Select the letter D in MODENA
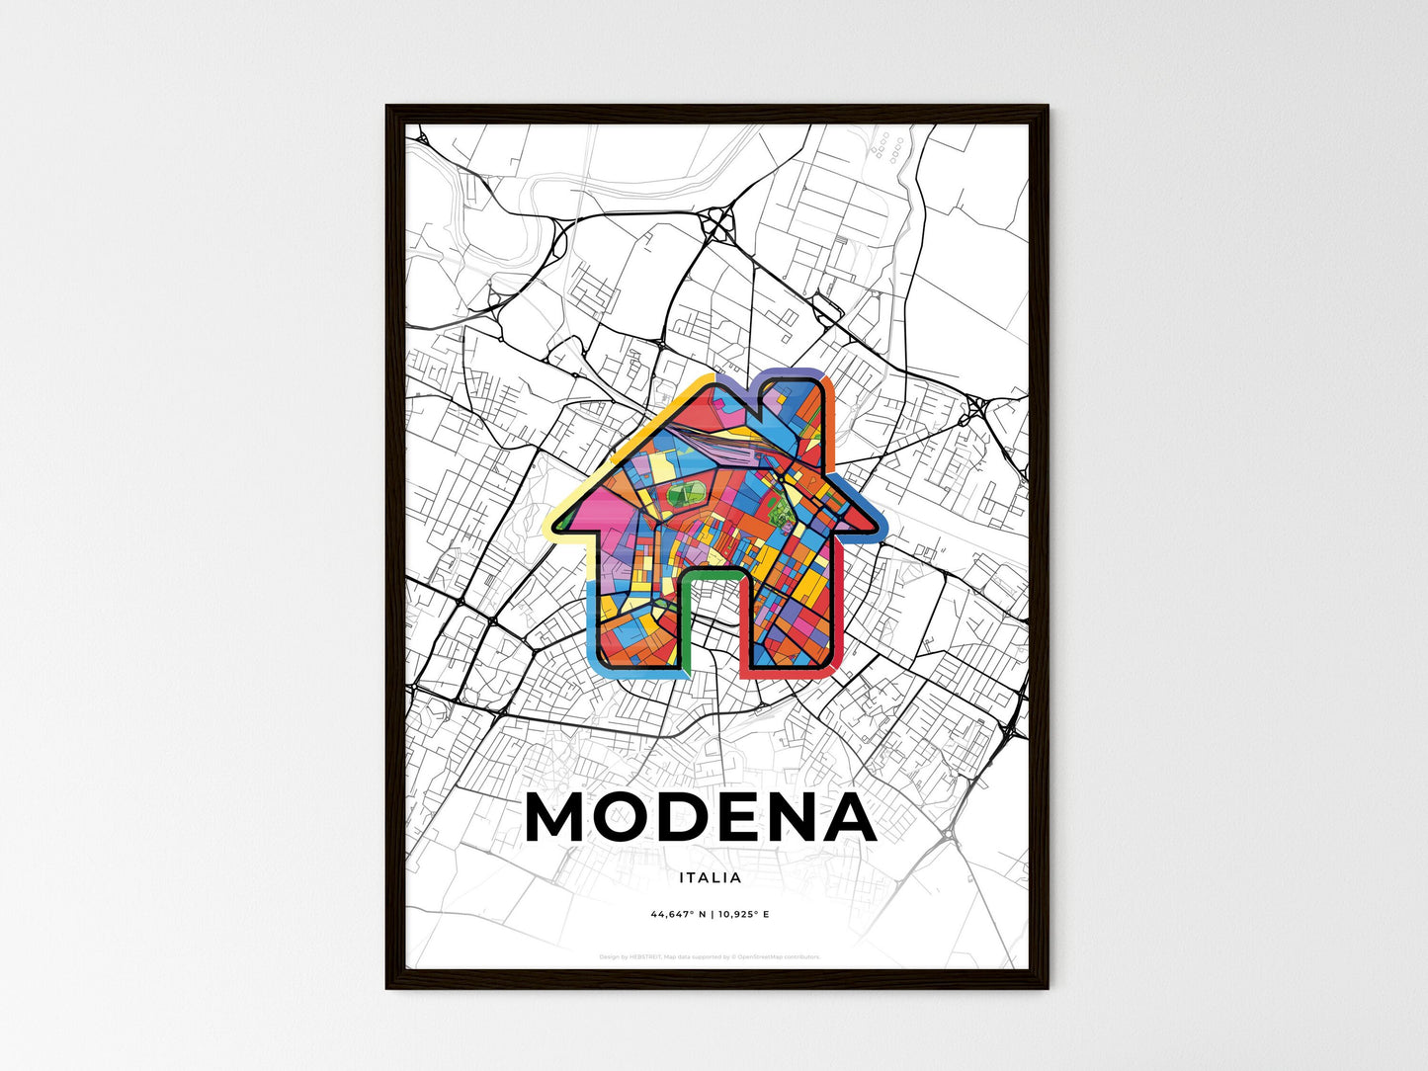(691, 818)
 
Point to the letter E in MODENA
(746, 818)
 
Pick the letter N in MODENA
(798, 818)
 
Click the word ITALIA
(711, 877)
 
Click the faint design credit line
(710, 956)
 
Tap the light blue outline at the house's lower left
(594, 632)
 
